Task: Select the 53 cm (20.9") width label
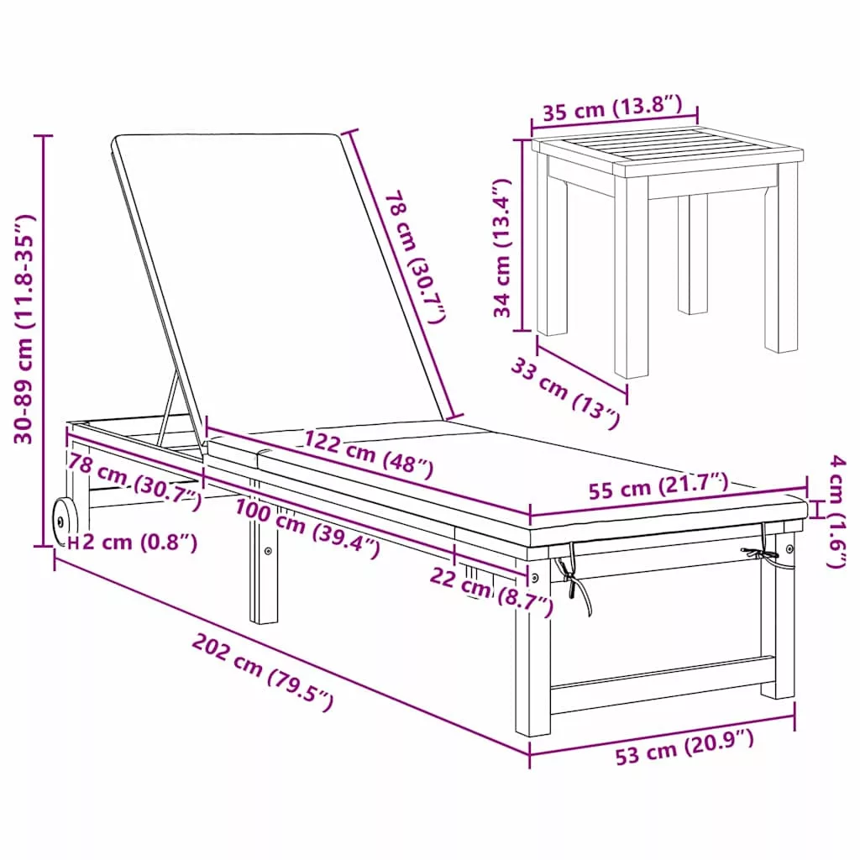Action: tap(684, 747)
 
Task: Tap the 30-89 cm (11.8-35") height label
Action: tap(24, 328)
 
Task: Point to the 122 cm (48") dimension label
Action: tap(369, 453)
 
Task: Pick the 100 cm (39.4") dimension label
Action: tap(307, 527)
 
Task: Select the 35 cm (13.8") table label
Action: tap(612, 107)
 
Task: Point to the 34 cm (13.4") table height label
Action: tap(502, 248)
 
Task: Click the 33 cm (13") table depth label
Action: tap(565, 391)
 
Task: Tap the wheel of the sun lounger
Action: tap(63, 521)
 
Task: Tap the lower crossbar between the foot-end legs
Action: tap(662, 677)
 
